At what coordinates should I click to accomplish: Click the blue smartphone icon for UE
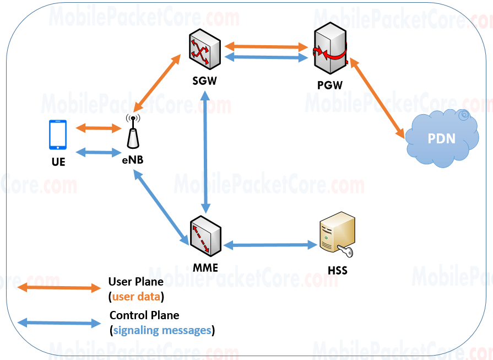(x=58, y=135)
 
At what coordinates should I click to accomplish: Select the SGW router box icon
(x=204, y=52)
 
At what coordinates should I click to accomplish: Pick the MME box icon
(x=204, y=237)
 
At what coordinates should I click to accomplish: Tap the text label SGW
(x=204, y=81)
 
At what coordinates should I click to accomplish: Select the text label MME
(x=205, y=268)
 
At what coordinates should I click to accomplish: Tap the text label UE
(x=58, y=162)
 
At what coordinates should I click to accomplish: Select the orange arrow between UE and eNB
(x=98, y=128)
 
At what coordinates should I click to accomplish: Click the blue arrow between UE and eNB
(x=98, y=152)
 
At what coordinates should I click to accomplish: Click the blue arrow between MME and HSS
(x=270, y=244)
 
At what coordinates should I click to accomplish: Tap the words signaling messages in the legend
(x=162, y=331)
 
